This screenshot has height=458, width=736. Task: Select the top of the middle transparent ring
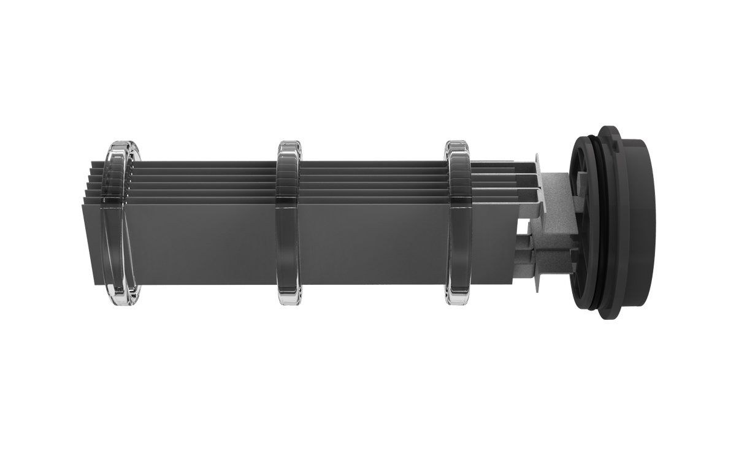pyautogui.click(x=289, y=144)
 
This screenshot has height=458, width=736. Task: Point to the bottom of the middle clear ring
pyautogui.click(x=289, y=301)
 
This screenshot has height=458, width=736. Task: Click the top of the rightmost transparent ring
pyautogui.click(x=457, y=144)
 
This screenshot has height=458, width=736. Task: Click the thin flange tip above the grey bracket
pyautogui.click(x=537, y=156)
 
